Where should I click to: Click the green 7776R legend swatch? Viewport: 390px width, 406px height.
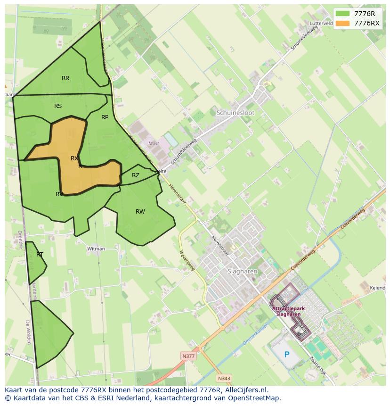click(343, 13)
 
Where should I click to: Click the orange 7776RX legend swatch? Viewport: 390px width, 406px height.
click(343, 23)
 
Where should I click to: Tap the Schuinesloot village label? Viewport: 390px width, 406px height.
click(236, 113)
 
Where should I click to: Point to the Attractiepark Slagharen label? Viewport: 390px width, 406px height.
click(289, 311)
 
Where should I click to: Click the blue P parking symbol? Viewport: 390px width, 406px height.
click(286, 355)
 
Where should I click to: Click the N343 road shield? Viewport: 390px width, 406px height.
click(224, 378)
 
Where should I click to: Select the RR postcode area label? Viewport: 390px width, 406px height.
click(65, 78)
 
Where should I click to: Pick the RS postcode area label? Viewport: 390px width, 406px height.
click(58, 106)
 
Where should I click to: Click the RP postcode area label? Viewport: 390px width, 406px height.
click(105, 117)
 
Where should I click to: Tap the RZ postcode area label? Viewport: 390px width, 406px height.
click(136, 175)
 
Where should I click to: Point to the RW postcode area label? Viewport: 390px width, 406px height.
click(140, 212)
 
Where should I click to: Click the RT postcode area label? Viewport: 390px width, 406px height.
click(40, 255)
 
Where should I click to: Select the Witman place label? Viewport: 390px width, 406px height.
click(96, 249)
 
